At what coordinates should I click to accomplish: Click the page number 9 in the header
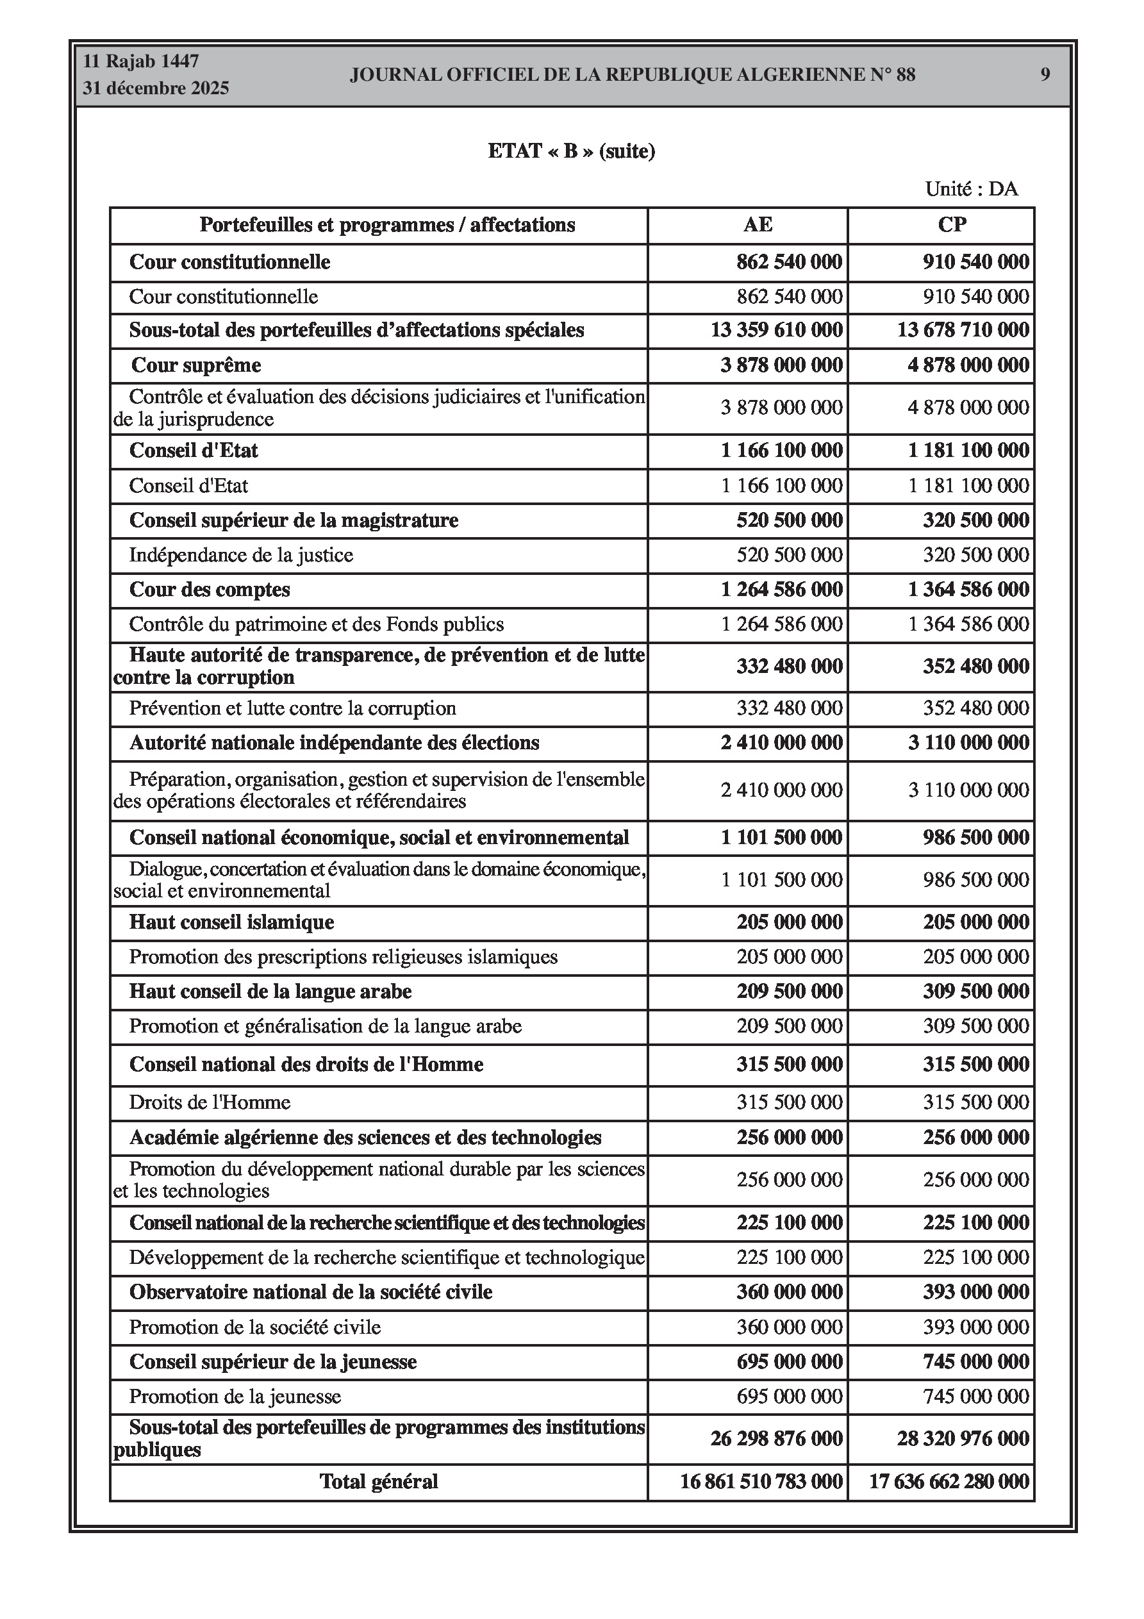click(x=1045, y=75)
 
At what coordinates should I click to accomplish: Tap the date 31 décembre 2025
click(x=156, y=88)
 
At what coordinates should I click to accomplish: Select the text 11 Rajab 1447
click(x=141, y=62)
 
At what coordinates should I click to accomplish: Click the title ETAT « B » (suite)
click(x=571, y=151)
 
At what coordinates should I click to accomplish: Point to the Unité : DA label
click(x=971, y=189)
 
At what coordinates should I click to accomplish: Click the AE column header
click(x=758, y=225)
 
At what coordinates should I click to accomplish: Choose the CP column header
click(x=952, y=225)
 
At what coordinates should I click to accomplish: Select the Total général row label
click(x=379, y=1481)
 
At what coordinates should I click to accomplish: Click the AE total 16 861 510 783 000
click(x=761, y=1481)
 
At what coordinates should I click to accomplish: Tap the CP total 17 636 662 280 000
click(x=949, y=1481)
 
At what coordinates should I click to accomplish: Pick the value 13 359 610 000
click(x=777, y=330)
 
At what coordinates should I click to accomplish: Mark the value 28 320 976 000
click(x=963, y=1438)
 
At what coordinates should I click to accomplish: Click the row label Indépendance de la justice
click(x=240, y=555)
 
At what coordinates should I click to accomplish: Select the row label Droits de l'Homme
click(x=210, y=1102)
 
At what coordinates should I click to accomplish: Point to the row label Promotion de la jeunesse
click(x=235, y=1396)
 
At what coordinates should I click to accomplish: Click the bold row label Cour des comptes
click(x=210, y=590)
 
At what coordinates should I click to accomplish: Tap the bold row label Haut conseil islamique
click(x=231, y=922)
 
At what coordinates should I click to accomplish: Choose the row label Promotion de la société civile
click(x=254, y=1327)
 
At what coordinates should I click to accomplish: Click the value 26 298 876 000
click(x=777, y=1438)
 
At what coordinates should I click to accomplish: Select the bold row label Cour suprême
click(x=196, y=365)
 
